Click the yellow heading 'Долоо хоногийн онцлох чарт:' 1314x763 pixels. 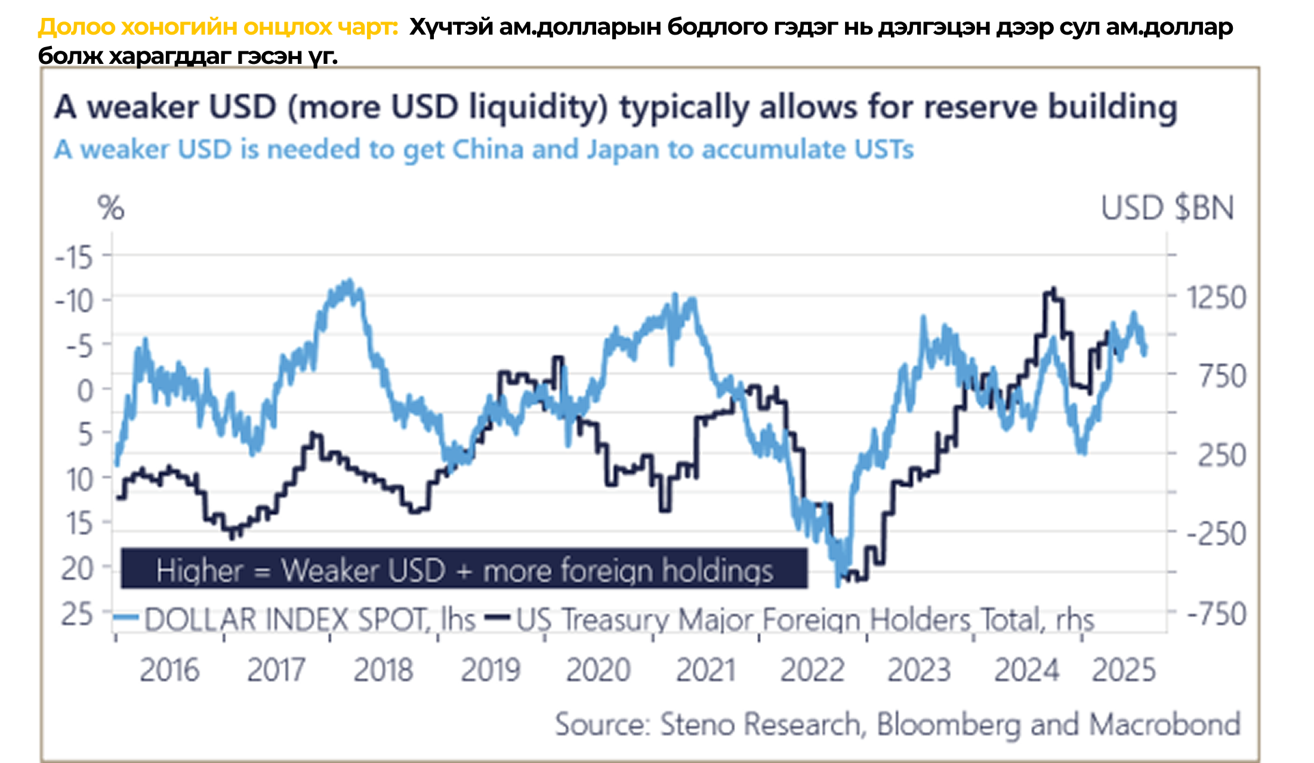click(218, 27)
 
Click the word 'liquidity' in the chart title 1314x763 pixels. click(537, 107)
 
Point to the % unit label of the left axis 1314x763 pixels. click(111, 208)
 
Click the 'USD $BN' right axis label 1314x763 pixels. click(1167, 208)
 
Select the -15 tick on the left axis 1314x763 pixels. click(75, 258)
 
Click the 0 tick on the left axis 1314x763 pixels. click(85, 391)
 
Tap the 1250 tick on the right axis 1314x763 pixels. click(1216, 297)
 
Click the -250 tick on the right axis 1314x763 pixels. click(1216, 533)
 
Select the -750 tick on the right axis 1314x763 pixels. click(1216, 614)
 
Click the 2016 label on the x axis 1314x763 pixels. click(169, 670)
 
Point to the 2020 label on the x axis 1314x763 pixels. click(598, 670)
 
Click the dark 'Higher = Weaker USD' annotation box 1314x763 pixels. click(464, 569)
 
